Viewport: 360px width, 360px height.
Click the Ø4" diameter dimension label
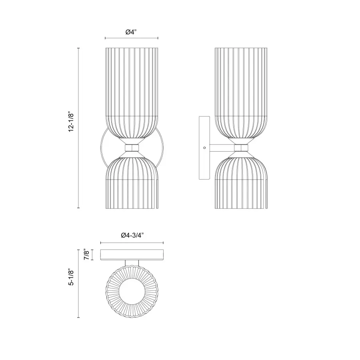(131, 32)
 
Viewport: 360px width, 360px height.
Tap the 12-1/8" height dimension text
(72, 122)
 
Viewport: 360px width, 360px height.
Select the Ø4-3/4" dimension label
(132, 236)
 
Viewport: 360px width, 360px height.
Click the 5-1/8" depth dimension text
(72, 277)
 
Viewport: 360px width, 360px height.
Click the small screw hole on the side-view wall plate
(204, 147)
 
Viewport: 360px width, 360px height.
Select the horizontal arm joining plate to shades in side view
(222, 147)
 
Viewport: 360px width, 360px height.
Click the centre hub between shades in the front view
(132, 148)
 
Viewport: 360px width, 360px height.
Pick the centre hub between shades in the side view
(241, 148)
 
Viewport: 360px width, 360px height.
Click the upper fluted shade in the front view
(132, 92)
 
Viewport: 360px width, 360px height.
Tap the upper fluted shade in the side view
(241, 92)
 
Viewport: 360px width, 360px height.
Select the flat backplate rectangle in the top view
(132, 255)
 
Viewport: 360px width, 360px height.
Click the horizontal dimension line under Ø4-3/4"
(132, 242)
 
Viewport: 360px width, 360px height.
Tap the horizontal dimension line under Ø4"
(132, 38)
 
